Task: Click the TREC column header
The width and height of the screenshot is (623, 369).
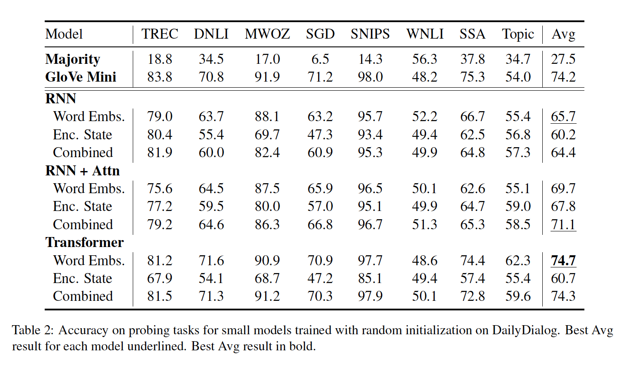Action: (160, 34)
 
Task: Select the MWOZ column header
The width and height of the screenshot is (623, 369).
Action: (267, 34)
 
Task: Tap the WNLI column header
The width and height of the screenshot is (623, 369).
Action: (425, 34)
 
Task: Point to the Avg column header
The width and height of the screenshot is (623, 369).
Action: (563, 34)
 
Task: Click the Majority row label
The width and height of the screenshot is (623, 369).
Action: (72, 59)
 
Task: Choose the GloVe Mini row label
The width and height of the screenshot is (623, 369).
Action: (81, 77)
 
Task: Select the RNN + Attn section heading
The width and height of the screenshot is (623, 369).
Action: (82, 171)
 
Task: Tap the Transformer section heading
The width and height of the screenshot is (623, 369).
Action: (85, 242)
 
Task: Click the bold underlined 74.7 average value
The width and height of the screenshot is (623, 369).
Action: (563, 260)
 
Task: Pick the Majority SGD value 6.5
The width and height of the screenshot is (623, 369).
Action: (320, 59)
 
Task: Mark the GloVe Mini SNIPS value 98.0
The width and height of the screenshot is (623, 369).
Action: (370, 77)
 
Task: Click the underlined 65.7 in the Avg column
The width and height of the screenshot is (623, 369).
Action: (563, 116)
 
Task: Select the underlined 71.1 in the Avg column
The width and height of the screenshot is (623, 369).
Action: (563, 224)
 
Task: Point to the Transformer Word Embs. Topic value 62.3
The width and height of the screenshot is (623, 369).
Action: (518, 260)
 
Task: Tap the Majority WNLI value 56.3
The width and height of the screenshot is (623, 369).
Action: (424, 59)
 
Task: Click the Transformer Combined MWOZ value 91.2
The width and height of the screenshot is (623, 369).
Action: (267, 296)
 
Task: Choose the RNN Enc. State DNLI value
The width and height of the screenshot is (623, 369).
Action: (211, 135)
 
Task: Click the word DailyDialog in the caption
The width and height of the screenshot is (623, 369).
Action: (525, 330)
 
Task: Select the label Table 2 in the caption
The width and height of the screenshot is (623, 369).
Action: (33, 330)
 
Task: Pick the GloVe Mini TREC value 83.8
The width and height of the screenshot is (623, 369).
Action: (160, 77)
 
